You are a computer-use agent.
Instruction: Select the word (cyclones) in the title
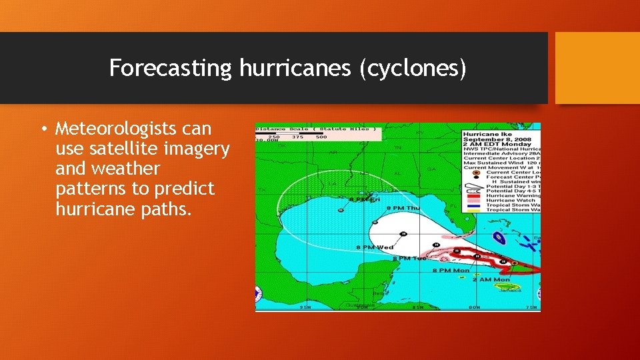[413, 68]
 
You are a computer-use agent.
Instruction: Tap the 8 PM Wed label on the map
[375, 248]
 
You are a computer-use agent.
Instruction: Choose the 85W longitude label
[417, 307]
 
